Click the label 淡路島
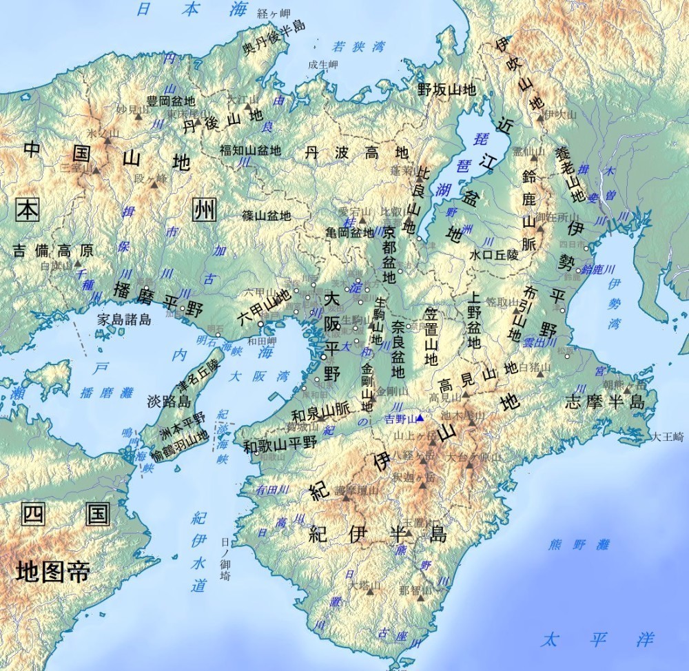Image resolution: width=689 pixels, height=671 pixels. [x=165, y=402]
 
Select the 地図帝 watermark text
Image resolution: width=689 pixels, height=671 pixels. [x=53, y=570]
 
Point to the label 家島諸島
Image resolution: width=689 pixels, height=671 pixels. [x=123, y=320]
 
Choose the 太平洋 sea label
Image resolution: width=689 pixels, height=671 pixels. [x=597, y=639]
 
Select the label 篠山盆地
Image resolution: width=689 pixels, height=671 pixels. [x=266, y=216]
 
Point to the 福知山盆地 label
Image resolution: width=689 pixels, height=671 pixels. [x=250, y=149]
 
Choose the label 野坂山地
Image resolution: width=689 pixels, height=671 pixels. [x=446, y=89]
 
